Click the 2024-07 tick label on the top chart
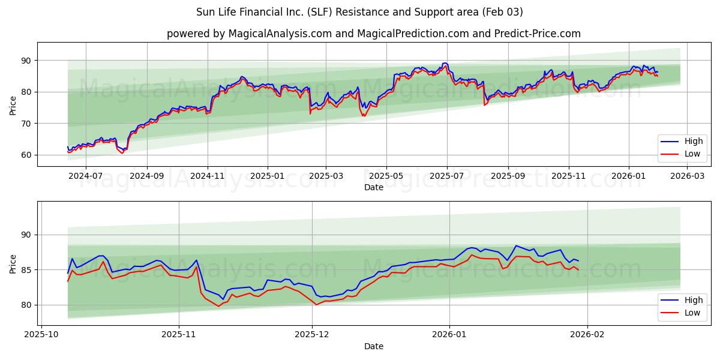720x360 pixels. pos(86,176)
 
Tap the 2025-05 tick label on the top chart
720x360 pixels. pos(386,176)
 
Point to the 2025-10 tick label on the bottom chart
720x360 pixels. pos(42,335)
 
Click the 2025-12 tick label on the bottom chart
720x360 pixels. pos(313,335)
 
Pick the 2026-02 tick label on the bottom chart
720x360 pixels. pos(587,335)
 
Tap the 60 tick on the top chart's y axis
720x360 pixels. pos(26,155)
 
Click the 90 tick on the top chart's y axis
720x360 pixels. pos(26,61)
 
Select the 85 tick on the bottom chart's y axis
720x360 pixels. pos(26,270)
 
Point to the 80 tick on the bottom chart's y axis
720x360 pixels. pos(26,305)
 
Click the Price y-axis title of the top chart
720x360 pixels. pos(13,106)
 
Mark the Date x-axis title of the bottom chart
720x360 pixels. pos(373,346)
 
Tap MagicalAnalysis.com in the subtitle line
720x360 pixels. pos(280,34)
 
